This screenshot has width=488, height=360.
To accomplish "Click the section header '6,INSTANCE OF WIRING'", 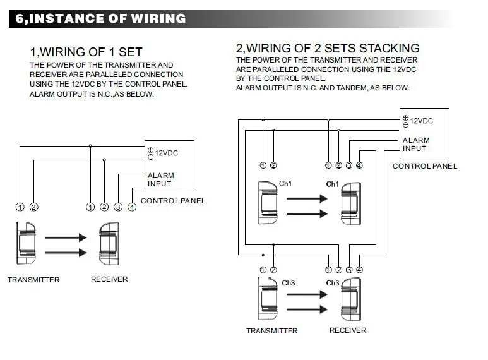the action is [100, 18].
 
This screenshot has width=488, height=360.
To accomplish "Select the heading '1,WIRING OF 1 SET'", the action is [86, 52].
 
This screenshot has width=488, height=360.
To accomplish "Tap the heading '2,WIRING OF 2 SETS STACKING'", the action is [328, 48].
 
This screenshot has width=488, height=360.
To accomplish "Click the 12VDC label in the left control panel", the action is [166, 153].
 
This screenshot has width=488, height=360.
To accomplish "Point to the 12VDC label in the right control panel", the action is [422, 121].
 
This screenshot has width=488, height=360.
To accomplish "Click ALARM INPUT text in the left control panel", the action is [160, 180].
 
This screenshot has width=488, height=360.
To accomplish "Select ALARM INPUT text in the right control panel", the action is [416, 144].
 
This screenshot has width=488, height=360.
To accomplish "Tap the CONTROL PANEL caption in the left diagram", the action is [173, 201].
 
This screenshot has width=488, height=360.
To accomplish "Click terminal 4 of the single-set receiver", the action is [132, 207].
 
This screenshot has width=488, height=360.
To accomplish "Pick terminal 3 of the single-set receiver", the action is [118, 207].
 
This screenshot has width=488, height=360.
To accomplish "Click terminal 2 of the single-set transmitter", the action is [33, 207].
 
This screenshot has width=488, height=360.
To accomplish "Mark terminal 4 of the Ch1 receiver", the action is [359, 165].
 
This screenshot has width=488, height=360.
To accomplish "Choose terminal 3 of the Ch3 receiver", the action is [349, 270].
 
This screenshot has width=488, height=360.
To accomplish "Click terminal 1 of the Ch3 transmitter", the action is [263, 270].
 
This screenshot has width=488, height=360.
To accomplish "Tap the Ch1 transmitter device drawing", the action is [267, 203].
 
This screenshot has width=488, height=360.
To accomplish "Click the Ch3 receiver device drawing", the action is [351, 299].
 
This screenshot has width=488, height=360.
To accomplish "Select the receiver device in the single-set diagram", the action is [109, 243].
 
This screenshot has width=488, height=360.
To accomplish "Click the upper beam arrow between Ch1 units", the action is [307, 198].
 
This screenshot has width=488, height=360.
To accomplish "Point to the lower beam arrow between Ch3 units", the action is [307, 309].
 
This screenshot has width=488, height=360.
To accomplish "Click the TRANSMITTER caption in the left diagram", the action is [33, 280].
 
